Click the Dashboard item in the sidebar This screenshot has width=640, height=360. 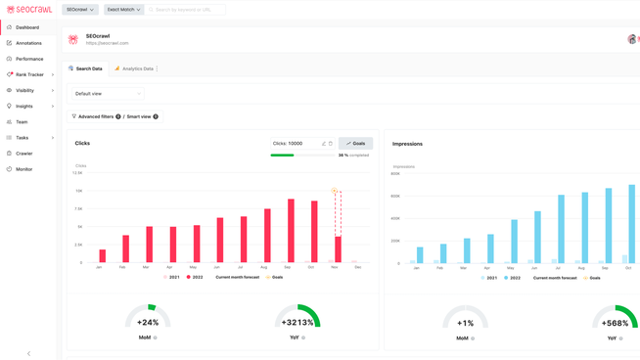27,27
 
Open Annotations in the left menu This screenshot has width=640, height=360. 28,43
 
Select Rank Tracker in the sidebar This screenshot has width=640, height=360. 29,74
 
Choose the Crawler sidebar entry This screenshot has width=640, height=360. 24,154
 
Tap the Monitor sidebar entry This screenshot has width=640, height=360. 24,169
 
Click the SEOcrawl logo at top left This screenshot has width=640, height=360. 29,10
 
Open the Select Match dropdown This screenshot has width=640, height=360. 123,10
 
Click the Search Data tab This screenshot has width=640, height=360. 86,69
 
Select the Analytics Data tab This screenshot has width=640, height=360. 135,69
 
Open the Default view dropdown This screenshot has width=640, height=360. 108,94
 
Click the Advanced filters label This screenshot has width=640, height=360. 96,116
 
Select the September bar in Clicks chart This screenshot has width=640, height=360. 291,232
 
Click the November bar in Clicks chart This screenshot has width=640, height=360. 339,249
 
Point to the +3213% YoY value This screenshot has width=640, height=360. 297,322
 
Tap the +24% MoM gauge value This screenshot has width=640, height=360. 148,322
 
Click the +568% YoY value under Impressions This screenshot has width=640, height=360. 615,323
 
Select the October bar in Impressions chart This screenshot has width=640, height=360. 632,224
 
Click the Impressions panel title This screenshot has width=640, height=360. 407,144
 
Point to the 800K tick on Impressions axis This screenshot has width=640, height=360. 395,174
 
